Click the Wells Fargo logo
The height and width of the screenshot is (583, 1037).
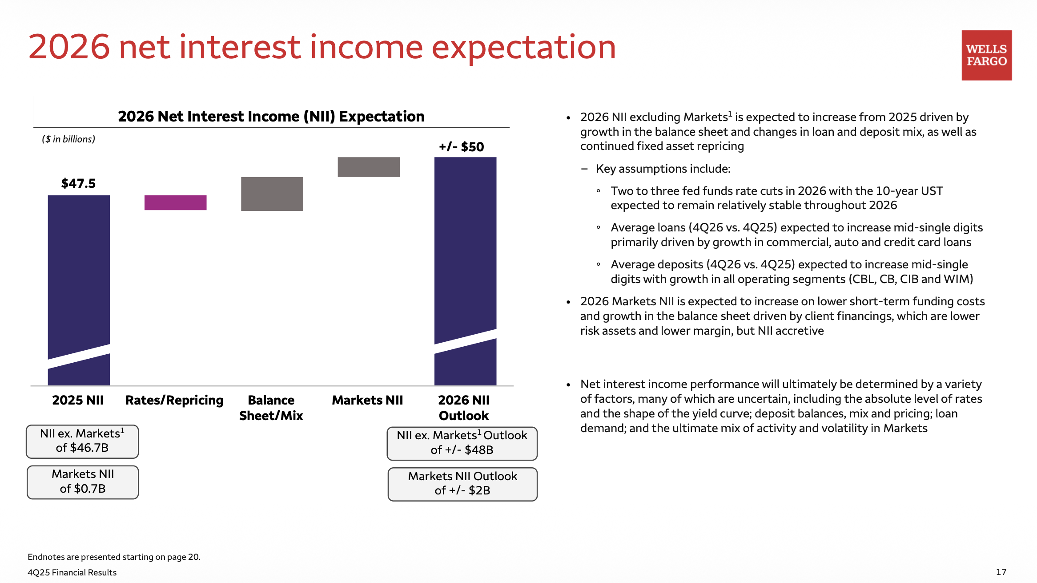pyautogui.click(x=986, y=55)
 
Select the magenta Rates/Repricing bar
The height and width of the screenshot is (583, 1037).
pyautogui.click(x=175, y=202)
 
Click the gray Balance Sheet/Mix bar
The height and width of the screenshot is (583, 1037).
pyautogui.click(x=272, y=194)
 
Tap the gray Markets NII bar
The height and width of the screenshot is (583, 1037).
pyautogui.click(x=369, y=167)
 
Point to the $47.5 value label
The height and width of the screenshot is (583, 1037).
pyautogui.click(x=78, y=183)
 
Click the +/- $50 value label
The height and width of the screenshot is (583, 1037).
pyautogui.click(x=462, y=147)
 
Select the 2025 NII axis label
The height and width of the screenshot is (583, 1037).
pyautogui.click(x=78, y=400)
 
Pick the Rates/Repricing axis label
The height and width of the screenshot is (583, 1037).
pyautogui.click(x=174, y=401)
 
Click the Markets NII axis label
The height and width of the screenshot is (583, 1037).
pyautogui.click(x=368, y=400)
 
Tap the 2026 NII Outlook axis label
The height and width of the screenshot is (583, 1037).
pyautogui.click(x=464, y=408)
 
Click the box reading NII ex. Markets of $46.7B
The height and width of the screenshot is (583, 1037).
pyautogui.click(x=82, y=441)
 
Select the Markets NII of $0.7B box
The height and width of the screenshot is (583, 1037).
pyautogui.click(x=83, y=482)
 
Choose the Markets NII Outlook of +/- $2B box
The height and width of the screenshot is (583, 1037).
pyautogui.click(x=462, y=484)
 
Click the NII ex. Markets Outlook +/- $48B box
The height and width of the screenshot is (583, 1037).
pyautogui.click(x=462, y=443)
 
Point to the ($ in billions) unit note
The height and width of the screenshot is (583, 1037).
pyautogui.click(x=68, y=139)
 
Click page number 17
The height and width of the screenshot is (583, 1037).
pyautogui.click(x=1001, y=572)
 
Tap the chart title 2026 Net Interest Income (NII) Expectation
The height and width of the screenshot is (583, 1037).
pyautogui.click(x=271, y=117)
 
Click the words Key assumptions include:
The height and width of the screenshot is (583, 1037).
pyautogui.click(x=663, y=169)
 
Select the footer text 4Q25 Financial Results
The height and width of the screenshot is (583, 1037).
pyautogui.click(x=72, y=572)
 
